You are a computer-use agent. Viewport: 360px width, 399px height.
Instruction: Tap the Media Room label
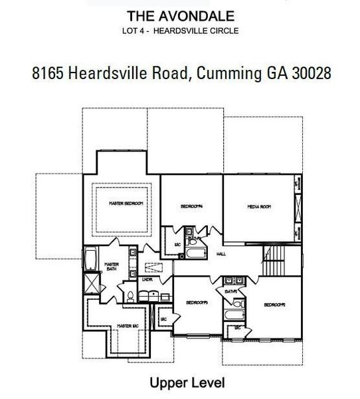tap(259, 207)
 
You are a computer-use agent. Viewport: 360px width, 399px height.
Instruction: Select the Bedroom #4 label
tap(191, 207)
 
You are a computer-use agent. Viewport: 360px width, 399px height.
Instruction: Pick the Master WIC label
tap(127, 326)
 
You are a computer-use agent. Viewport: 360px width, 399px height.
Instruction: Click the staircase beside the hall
tap(274, 259)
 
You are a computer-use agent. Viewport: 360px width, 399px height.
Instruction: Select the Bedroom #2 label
tap(274, 305)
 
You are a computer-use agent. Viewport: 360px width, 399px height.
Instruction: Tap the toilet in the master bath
tap(132, 295)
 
